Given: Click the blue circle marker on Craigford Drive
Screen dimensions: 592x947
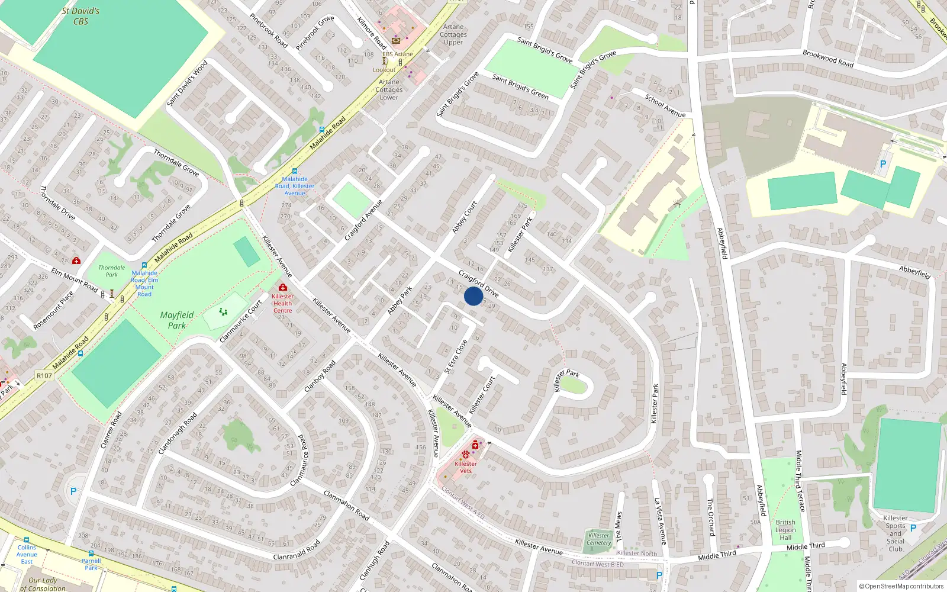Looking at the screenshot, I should point(473,296).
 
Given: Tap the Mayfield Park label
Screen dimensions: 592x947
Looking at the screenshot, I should point(177,320).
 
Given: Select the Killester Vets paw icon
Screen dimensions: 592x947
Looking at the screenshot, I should point(466,455).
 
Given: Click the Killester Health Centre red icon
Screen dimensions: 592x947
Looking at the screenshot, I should point(283,288).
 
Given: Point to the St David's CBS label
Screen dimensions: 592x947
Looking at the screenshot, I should point(80,16).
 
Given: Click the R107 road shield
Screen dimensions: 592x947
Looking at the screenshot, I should point(44,375).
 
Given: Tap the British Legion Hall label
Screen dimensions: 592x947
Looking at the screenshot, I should point(785,530).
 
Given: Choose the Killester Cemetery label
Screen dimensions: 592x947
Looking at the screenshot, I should point(599,539).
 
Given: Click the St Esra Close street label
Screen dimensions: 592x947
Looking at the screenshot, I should point(456,356).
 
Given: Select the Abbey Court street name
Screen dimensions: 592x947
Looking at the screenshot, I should point(465,217).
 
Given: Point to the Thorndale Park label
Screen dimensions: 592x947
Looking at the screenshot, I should point(112,271).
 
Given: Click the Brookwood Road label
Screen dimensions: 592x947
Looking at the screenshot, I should point(828,58).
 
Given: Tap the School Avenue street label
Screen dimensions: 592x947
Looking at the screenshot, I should point(665,105).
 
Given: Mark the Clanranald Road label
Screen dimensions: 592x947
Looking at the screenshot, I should point(297,550).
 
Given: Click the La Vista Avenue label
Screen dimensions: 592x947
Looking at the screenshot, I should point(660,521).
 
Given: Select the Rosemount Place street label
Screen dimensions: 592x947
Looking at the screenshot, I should point(53,310).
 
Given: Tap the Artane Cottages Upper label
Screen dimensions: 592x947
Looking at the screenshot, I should point(453,34).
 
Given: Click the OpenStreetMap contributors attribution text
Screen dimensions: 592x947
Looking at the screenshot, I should point(901,586).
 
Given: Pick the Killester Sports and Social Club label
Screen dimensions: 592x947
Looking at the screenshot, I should point(896,533).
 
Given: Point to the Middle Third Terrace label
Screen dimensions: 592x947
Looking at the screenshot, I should point(800,481).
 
